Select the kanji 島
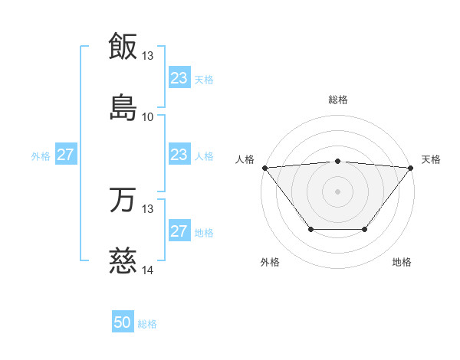click(x=123, y=107)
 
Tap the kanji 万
click(x=123, y=200)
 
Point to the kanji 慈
click(x=123, y=260)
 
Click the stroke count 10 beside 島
click(x=148, y=116)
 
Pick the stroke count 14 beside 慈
click(x=148, y=270)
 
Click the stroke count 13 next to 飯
click(x=148, y=56)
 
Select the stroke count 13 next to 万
click(x=148, y=208)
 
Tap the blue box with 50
click(x=123, y=322)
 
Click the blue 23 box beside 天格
click(x=179, y=78)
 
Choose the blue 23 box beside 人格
click(x=179, y=155)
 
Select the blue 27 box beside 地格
click(x=179, y=231)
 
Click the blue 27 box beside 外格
click(x=66, y=155)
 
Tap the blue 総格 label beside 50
click(x=147, y=324)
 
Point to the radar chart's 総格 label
click(x=338, y=100)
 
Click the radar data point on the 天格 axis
click(x=411, y=168)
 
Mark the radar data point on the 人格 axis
click(x=264, y=168)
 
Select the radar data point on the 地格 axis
click(x=365, y=229)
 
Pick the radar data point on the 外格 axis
click(x=310, y=229)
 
